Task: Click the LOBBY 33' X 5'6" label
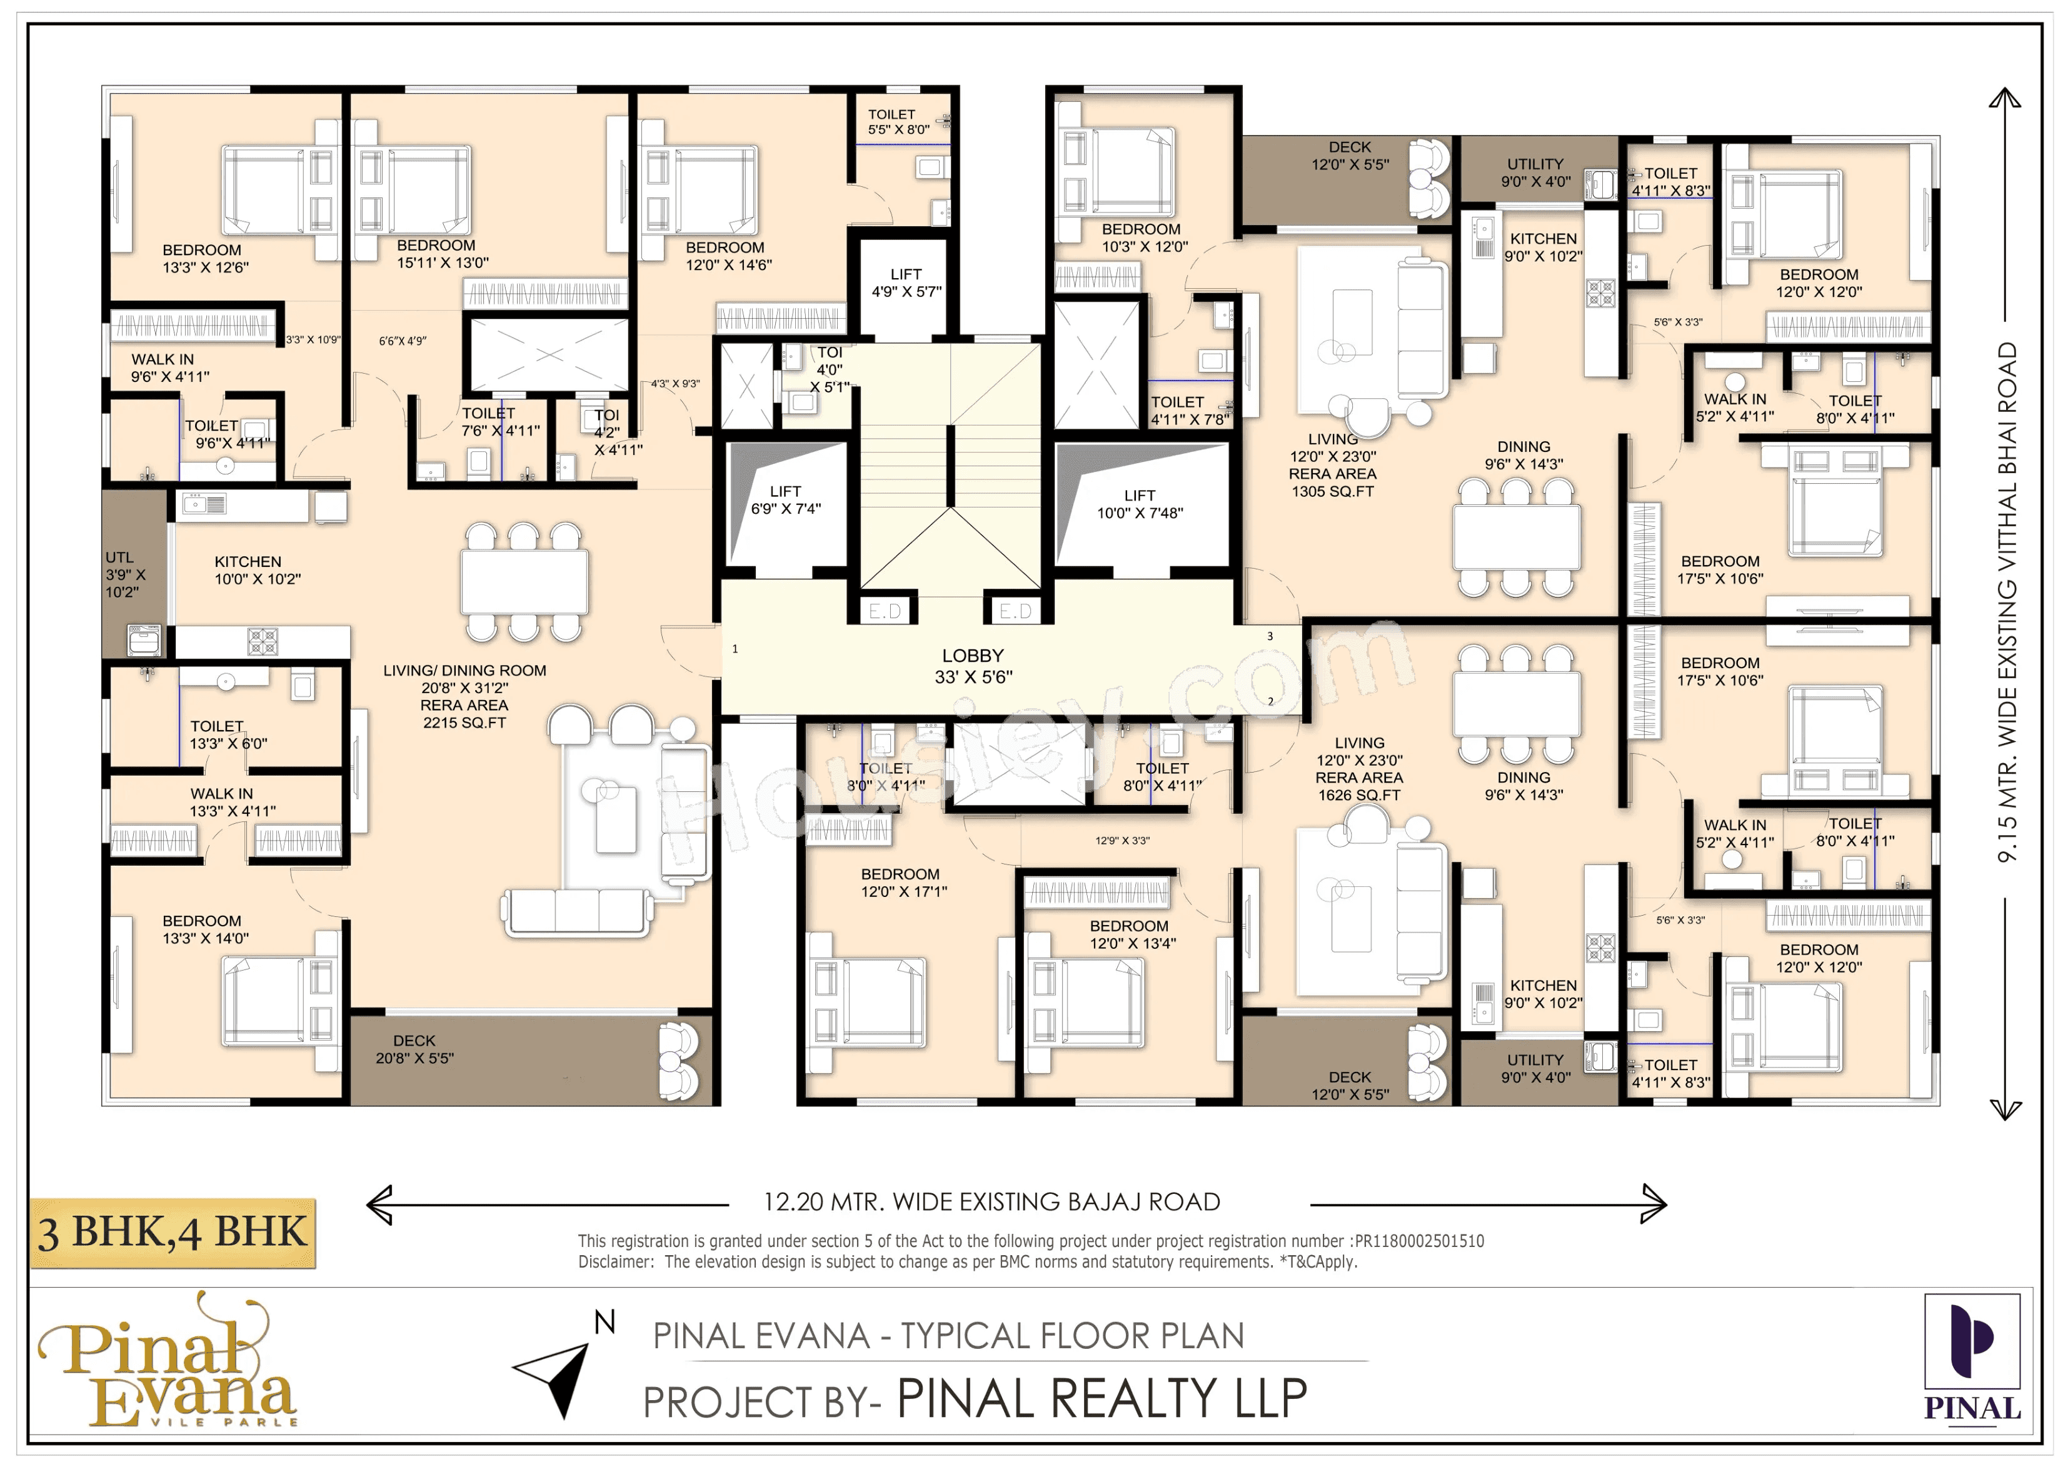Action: click(973, 666)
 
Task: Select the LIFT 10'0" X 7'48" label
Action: click(1140, 504)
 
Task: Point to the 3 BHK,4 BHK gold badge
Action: click(173, 1233)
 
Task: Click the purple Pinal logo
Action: click(1972, 1356)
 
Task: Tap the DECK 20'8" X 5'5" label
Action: click(414, 1049)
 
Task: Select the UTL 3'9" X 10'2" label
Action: click(124, 574)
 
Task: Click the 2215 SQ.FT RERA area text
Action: click(464, 723)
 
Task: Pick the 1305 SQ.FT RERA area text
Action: click(1332, 491)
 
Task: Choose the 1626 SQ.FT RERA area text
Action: click(1359, 794)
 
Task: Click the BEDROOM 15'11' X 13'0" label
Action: click(442, 254)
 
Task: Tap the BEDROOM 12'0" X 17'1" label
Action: click(903, 883)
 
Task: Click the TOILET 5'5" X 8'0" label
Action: click(898, 122)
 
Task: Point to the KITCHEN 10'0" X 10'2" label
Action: click(257, 570)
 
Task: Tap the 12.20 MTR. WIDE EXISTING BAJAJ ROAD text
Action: click(991, 1202)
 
